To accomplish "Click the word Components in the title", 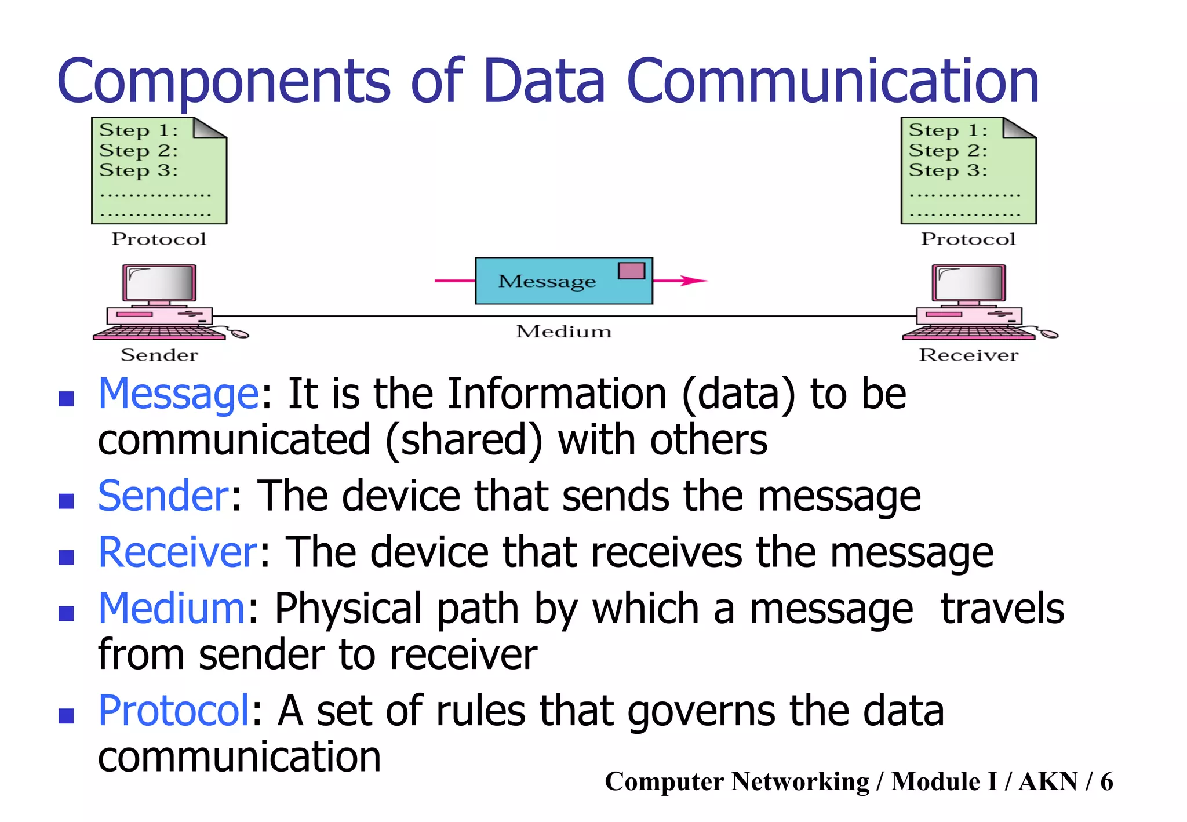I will click(224, 81).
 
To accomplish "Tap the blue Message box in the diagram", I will click(545, 282).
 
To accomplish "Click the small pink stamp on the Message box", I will click(631, 271).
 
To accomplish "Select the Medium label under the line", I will click(563, 332).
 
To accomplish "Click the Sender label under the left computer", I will click(159, 355).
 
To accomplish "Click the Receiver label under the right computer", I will click(968, 355).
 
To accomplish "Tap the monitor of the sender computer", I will click(159, 283).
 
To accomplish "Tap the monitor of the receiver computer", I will click(968, 283).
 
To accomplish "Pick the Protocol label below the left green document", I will click(159, 239).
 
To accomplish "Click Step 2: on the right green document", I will click(947, 151).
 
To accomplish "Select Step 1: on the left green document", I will click(138, 130).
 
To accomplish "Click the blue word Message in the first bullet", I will click(179, 394).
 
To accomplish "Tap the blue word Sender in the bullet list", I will click(163, 496).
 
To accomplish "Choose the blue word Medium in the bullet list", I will click(172, 609).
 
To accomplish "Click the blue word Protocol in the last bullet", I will click(174, 711).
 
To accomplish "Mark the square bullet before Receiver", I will click(67, 557).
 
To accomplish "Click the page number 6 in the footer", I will click(1106, 781).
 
